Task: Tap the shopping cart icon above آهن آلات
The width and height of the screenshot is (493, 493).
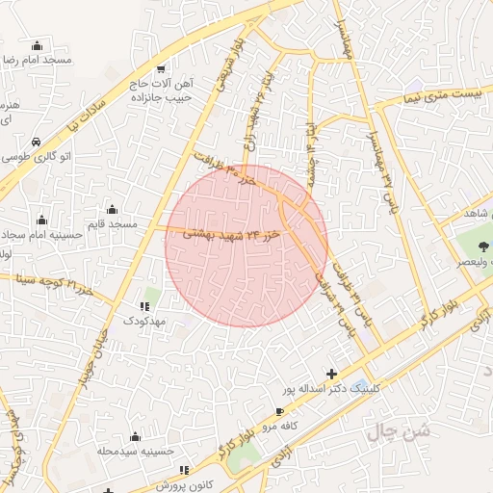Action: (161, 67)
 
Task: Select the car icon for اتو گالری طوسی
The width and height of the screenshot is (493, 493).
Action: (36, 141)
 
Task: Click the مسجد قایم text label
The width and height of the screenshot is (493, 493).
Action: (112, 224)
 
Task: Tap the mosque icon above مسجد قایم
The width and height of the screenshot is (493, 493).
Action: (113, 209)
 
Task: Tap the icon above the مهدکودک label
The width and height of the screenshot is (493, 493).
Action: (144, 305)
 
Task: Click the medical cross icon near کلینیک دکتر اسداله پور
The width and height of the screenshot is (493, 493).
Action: (332, 374)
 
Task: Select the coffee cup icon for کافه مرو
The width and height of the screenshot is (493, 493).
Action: (280, 411)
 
